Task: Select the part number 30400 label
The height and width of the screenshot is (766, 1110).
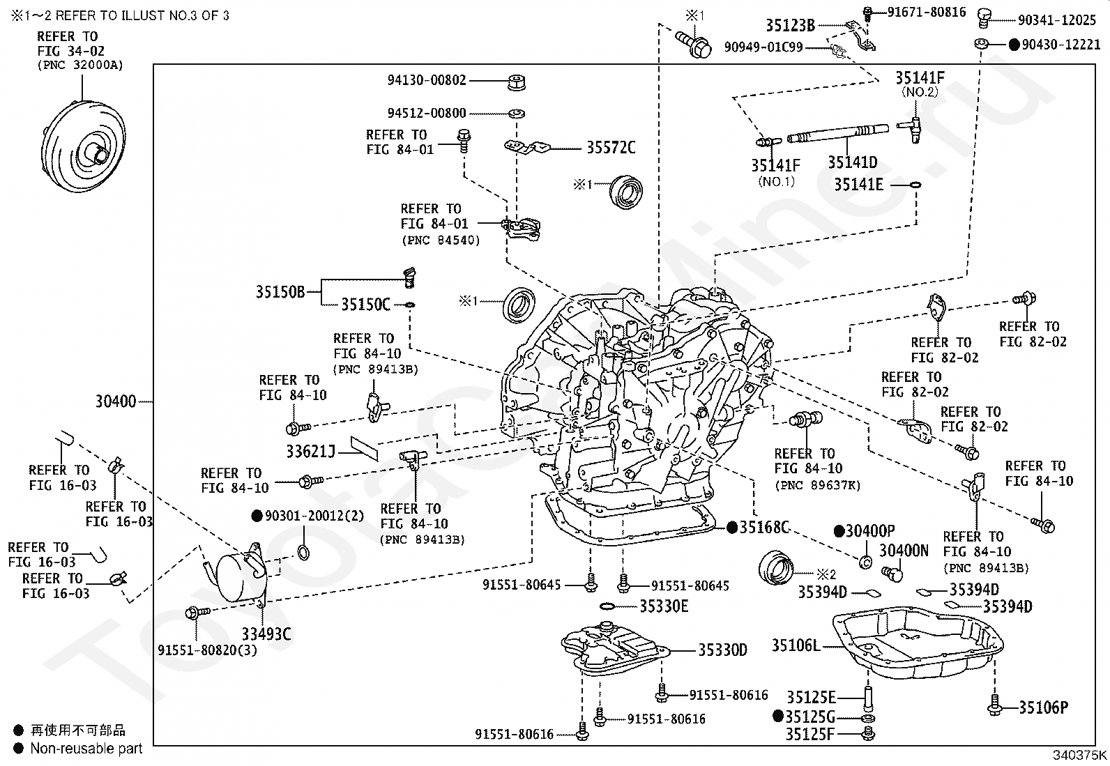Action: (x=116, y=402)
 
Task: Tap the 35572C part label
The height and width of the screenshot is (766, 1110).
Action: (x=611, y=148)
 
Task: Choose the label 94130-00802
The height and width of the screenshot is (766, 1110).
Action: (x=427, y=81)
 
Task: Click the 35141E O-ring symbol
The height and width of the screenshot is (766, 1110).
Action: (x=915, y=185)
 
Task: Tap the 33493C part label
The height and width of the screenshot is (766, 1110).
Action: (x=266, y=634)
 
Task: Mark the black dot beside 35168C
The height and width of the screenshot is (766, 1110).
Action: (x=731, y=528)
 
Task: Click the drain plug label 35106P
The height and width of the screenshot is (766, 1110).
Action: (x=1043, y=708)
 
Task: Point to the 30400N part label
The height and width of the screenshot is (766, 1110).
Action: (x=904, y=551)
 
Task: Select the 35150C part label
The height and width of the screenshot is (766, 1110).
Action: (x=365, y=305)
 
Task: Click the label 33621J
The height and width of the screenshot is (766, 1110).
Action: (x=311, y=452)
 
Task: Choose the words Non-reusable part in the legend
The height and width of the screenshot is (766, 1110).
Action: (x=86, y=749)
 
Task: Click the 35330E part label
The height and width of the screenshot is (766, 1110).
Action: (x=664, y=606)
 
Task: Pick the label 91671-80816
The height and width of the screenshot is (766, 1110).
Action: (x=926, y=12)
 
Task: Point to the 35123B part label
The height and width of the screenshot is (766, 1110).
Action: (x=790, y=26)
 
